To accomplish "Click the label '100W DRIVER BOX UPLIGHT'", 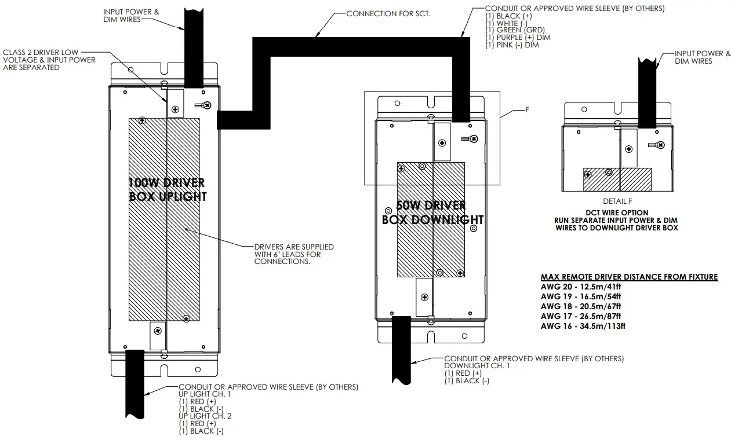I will (x=167, y=190).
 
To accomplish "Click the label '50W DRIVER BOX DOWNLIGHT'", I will (x=432, y=212).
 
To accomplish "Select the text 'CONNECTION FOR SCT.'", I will (x=388, y=13).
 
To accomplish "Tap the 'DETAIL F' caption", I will (x=617, y=201).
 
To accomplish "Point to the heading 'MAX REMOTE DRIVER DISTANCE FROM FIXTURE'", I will (x=629, y=277).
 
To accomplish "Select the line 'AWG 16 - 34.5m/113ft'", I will (x=583, y=326).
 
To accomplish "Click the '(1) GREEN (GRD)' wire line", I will (x=515, y=30).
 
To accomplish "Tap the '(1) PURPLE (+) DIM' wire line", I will (x=518, y=38).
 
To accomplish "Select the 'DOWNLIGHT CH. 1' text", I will (x=477, y=366).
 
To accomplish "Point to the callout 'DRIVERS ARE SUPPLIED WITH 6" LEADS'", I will (x=294, y=254).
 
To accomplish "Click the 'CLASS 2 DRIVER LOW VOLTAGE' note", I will (x=49, y=60).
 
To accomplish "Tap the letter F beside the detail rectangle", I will (x=527, y=109).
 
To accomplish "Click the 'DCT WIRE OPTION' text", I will (x=617, y=212).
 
